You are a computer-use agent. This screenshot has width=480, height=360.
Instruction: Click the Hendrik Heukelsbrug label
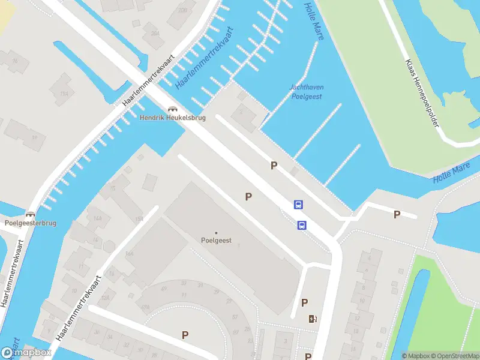coord(173,118)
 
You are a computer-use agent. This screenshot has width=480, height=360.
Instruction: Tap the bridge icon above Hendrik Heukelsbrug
coord(173,109)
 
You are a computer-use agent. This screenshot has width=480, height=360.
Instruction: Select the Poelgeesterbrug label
coord(30,223)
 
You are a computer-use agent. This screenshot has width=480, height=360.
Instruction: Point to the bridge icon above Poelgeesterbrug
coord(30,214)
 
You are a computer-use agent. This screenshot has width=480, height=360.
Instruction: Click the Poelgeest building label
coord(216,240)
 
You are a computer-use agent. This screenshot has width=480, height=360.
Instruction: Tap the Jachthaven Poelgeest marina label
coord(307,91)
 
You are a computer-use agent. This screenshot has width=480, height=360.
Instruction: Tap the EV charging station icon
coord(312,319)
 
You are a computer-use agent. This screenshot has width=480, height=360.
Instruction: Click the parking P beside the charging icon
coord(304,303)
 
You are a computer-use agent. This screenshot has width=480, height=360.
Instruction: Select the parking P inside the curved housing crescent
coord(185,335)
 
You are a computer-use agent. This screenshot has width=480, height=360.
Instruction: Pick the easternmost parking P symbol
coord(397,215)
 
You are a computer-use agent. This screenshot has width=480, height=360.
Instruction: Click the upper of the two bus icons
coord(298,205)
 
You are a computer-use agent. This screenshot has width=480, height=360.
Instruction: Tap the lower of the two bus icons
coord(302,225)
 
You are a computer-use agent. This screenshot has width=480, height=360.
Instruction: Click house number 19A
coord(64,94)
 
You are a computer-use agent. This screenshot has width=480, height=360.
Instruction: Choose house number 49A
coord(145,306)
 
